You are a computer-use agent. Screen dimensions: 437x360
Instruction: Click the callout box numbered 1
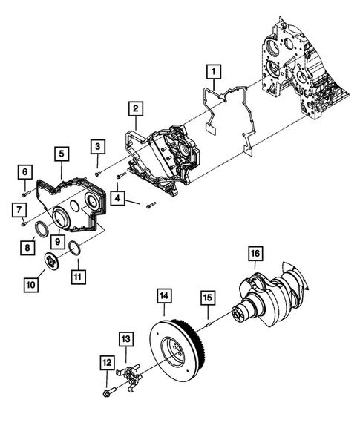coord(213,72)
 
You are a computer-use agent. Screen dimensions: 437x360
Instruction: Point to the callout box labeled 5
coord(60,154)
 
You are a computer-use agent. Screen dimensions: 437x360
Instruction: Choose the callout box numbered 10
coord(32,283)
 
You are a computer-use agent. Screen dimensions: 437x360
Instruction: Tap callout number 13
coord(126,339)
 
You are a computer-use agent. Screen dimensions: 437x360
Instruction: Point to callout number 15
coord(209,298)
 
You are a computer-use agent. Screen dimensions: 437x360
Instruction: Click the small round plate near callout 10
coord(50,262)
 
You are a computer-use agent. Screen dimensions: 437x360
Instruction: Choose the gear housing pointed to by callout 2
coord(163,160)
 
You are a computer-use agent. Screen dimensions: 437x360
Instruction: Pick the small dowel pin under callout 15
coord(209,322)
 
